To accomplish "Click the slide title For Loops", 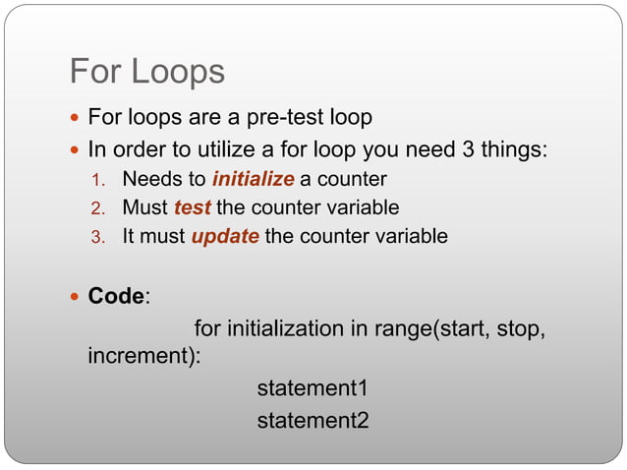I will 146,72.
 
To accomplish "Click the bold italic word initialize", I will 253,180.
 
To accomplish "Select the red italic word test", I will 192,208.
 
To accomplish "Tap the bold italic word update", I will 224,237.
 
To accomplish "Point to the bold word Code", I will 115,296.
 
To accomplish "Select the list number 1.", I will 96,181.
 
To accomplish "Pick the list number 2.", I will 96,209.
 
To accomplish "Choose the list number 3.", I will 96,238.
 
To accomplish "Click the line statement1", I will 313,388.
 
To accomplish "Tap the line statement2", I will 313,421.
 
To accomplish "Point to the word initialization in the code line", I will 286,328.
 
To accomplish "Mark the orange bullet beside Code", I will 77,297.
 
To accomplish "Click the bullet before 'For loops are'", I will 77,119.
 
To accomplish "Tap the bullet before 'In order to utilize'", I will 77,150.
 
